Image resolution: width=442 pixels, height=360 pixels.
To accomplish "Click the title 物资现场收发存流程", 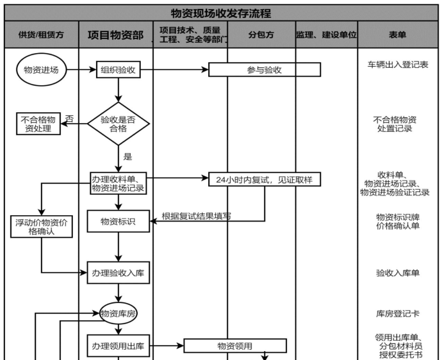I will (221, 13).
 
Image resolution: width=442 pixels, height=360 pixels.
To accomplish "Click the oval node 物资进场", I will (41, 70).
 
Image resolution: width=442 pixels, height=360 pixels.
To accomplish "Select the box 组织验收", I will (118, 70).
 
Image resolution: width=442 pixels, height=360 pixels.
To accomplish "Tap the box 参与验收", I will (264, 70).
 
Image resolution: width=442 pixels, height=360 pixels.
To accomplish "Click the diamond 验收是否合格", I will (118, 124).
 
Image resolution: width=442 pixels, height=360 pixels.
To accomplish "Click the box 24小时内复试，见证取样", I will (264, 180).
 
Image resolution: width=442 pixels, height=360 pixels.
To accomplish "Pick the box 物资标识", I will (118, 222).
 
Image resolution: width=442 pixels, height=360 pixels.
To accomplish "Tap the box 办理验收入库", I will (118, 274).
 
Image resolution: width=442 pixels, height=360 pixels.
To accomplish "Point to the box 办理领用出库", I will (118, 347).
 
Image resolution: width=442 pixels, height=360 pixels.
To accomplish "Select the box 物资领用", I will (234, 347).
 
